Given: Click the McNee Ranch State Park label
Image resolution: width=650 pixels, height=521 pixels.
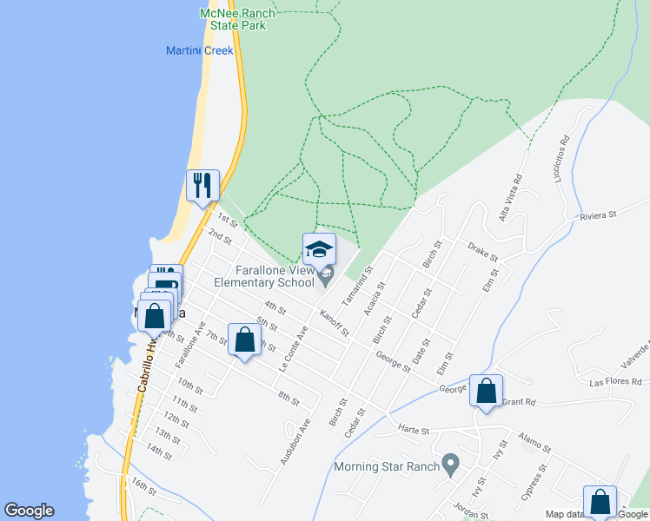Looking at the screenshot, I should pyautogui.click(x=237, y=19).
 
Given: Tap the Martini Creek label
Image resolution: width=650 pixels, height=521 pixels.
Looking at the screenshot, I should pyautogui.click(x=200, y=50).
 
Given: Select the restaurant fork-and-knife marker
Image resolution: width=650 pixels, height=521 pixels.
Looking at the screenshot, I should pyautogui.click(x=203, y=185).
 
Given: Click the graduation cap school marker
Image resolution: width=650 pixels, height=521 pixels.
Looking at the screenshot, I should pyautogui.click(x=319, y=250).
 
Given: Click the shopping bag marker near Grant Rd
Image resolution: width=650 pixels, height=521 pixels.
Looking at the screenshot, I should pyautogui.click(x=487, y=391).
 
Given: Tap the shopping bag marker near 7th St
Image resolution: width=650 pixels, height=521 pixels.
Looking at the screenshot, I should pyautogui.click(x=244, y=340).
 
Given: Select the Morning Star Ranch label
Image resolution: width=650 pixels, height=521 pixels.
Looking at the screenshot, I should pyautogui.click(x=387, y=467).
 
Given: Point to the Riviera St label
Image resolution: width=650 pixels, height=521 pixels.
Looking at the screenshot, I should pyautogui.click(x=598, y=214).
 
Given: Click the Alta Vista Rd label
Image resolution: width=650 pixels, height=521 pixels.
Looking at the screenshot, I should pyautogui.click(x=509, y=199).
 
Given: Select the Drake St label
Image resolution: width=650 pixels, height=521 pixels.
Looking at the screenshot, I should pyautogui.click(x=482, y=252).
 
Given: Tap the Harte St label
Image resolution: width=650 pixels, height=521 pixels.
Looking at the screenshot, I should pyautogui.click(x=415, y=430).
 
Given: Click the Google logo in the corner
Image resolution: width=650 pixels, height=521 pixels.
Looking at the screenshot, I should pyautogui.click(x=29, y=511).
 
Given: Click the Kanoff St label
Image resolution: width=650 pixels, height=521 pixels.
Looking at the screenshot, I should pyautogui.click(x=334, y=322).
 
